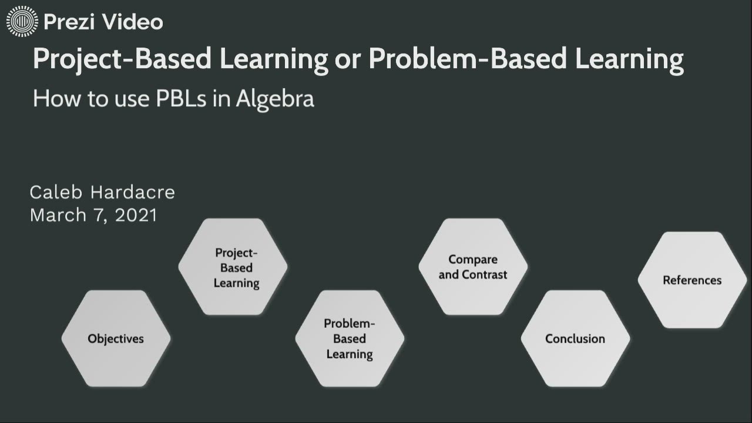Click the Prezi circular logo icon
click(x=22, y=22)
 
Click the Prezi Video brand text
click(x=103, y=22)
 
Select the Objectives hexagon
click(x=116, y=338)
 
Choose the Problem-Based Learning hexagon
click(x=350, y=338)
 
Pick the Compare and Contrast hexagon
click(x=473, y=267)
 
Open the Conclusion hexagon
click(x=575, y=338)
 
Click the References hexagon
click(x=692, y=280)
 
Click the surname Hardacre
click(x=132, y=192)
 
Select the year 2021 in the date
click(x=136, y=215)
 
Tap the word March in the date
click(x=58, y=215)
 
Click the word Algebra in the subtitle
click(x=275, y=99)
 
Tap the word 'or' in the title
click(x=348, y=60)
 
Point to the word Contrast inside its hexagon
click(x=485, y=275)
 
